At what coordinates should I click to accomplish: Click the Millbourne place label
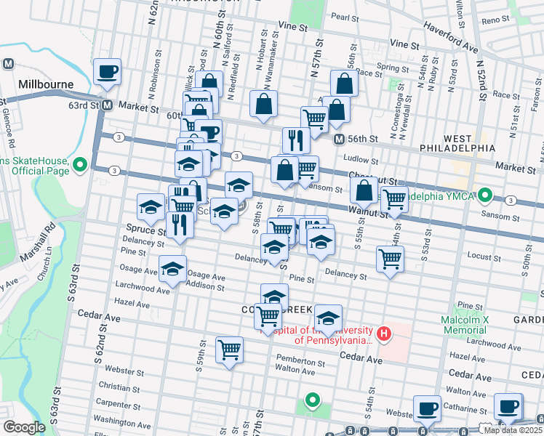[47, 84]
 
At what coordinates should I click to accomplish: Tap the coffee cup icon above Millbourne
[107, 72]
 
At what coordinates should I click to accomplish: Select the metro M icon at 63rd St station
[106, 105]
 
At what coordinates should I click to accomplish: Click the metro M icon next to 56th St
[339, 139]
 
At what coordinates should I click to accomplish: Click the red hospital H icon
[383, 334]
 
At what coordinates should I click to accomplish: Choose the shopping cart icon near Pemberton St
[230, 350]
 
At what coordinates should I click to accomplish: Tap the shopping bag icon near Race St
[345, 84]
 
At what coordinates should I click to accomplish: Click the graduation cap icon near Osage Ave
[173, 269]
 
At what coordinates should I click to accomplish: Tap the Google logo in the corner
[24, 427]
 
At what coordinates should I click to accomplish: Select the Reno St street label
[496, 20]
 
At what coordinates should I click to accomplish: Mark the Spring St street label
[392, 68]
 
